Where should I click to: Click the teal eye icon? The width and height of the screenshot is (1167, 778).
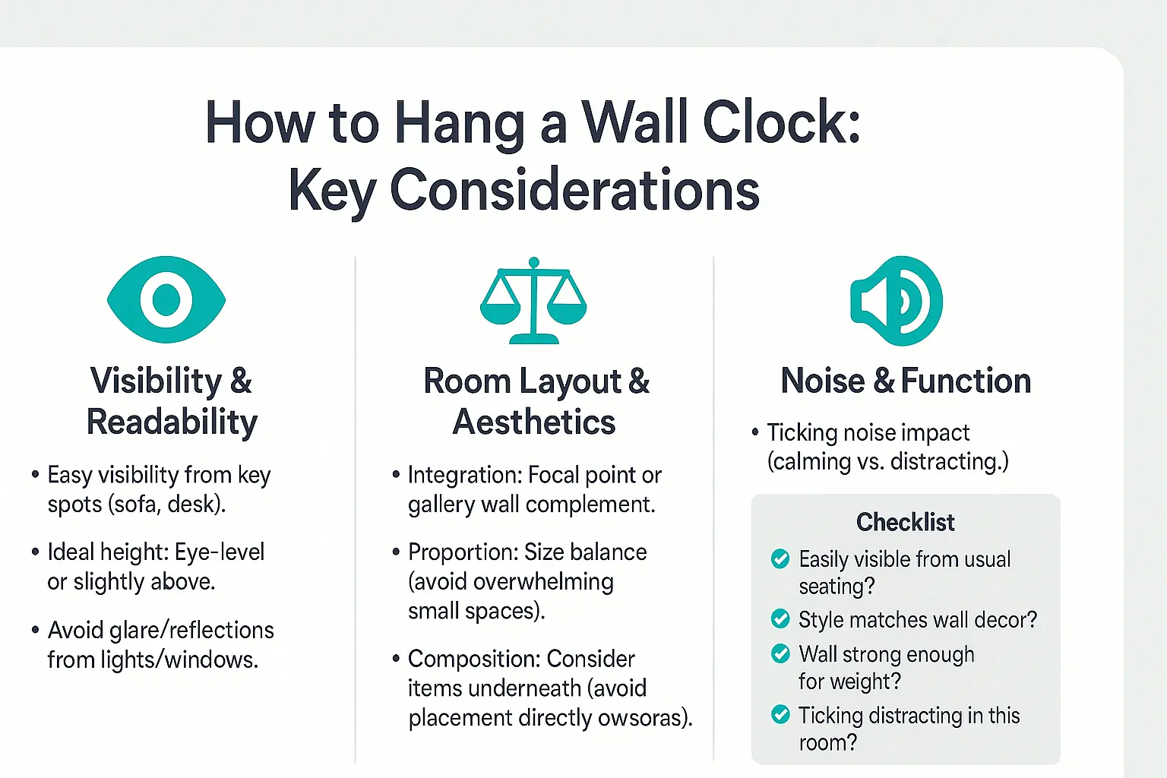166,299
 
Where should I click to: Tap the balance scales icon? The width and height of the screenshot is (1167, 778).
533,301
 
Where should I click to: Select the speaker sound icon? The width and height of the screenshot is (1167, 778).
897,301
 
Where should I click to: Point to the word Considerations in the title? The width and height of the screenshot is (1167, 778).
574,190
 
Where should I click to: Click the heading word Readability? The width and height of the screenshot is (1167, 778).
172,422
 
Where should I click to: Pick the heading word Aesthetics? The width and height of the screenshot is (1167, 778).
534,422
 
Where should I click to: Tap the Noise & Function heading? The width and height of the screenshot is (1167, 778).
906,381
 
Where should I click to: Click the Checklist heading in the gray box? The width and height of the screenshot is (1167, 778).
905,522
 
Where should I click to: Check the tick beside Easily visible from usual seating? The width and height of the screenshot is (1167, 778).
780,559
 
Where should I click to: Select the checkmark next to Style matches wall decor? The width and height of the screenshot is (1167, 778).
780,619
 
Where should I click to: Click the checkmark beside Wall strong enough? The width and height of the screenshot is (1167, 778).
780,653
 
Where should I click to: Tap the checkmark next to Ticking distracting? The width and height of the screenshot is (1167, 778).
780,715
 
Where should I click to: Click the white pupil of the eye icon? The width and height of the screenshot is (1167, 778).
166,299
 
